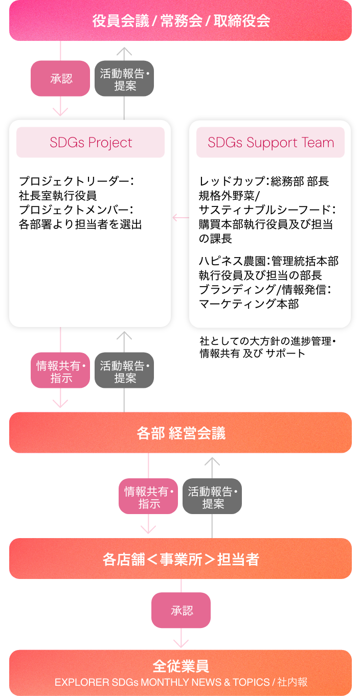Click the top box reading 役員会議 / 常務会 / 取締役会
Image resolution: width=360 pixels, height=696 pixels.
click(180, 21)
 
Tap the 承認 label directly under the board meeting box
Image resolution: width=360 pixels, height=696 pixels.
click(60, 79)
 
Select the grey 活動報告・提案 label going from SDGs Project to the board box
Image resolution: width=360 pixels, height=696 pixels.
click(124, 79)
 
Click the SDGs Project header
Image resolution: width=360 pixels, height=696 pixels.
click(91, 143)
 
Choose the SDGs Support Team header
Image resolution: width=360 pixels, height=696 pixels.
click(271, 143)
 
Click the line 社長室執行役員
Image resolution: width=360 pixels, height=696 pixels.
click(57, 195)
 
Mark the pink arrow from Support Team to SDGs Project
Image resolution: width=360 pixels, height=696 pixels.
click(180, 218)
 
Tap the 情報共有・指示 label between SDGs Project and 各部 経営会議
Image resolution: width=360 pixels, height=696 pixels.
click(60, 371)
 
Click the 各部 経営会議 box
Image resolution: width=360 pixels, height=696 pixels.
click(180, 433)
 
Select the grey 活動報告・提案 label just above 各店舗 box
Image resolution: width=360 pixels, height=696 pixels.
click(212, 497)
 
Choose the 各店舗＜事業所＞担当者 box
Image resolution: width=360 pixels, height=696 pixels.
click(180, 559)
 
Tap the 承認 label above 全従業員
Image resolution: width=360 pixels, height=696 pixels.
click(181, 611)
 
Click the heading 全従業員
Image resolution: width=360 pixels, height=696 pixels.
click(180, 666)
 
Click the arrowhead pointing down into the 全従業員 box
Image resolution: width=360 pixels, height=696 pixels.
click(181, 643)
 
